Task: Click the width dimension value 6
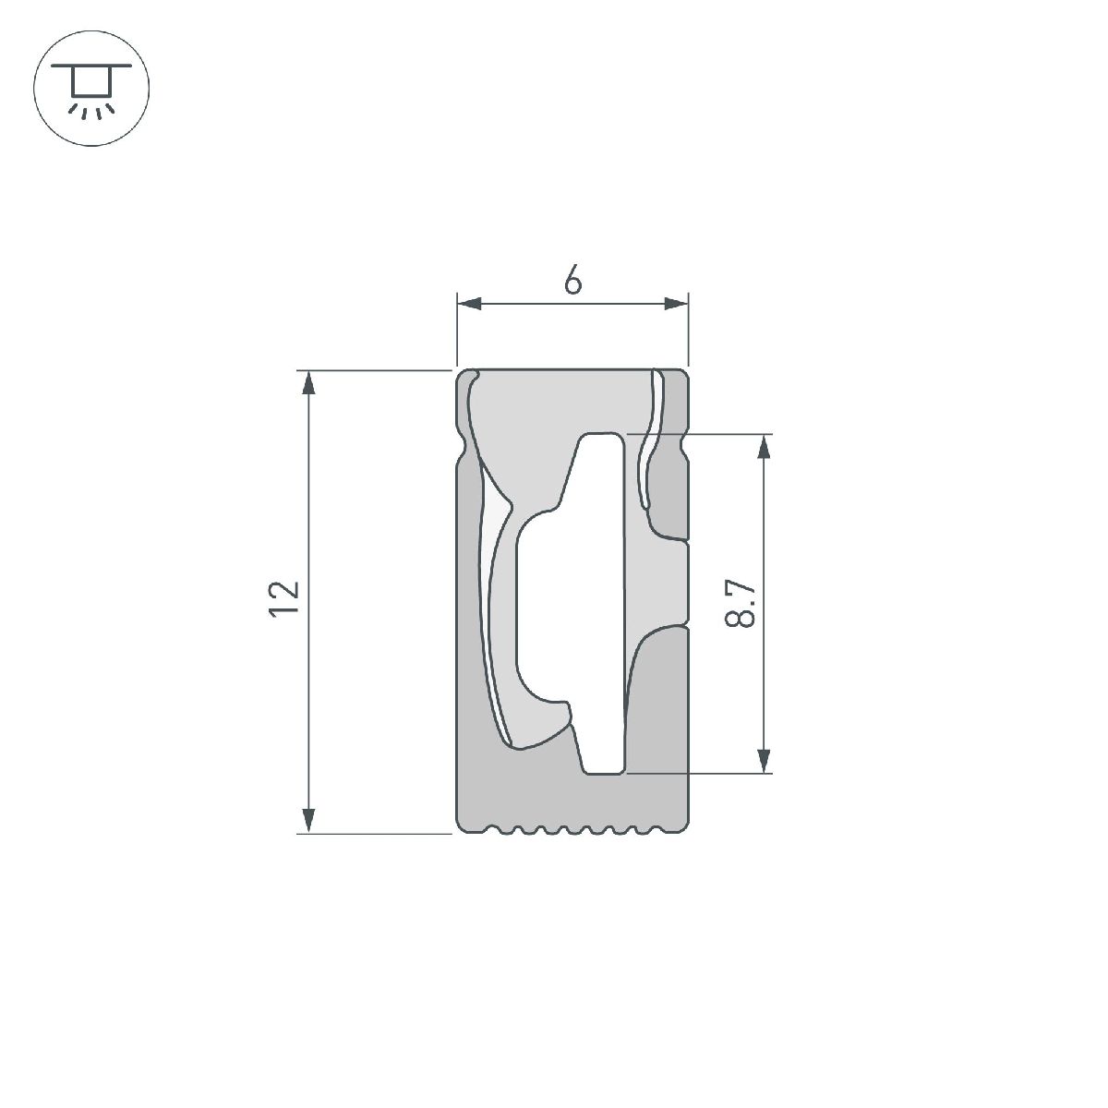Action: pos(572,281)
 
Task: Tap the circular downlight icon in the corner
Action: pos(90,89)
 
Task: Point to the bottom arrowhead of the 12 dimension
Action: pos(309,821)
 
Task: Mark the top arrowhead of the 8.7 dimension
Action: pos(763,446)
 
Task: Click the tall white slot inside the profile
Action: pos(606,600)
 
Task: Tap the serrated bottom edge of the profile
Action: pos(572,828)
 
